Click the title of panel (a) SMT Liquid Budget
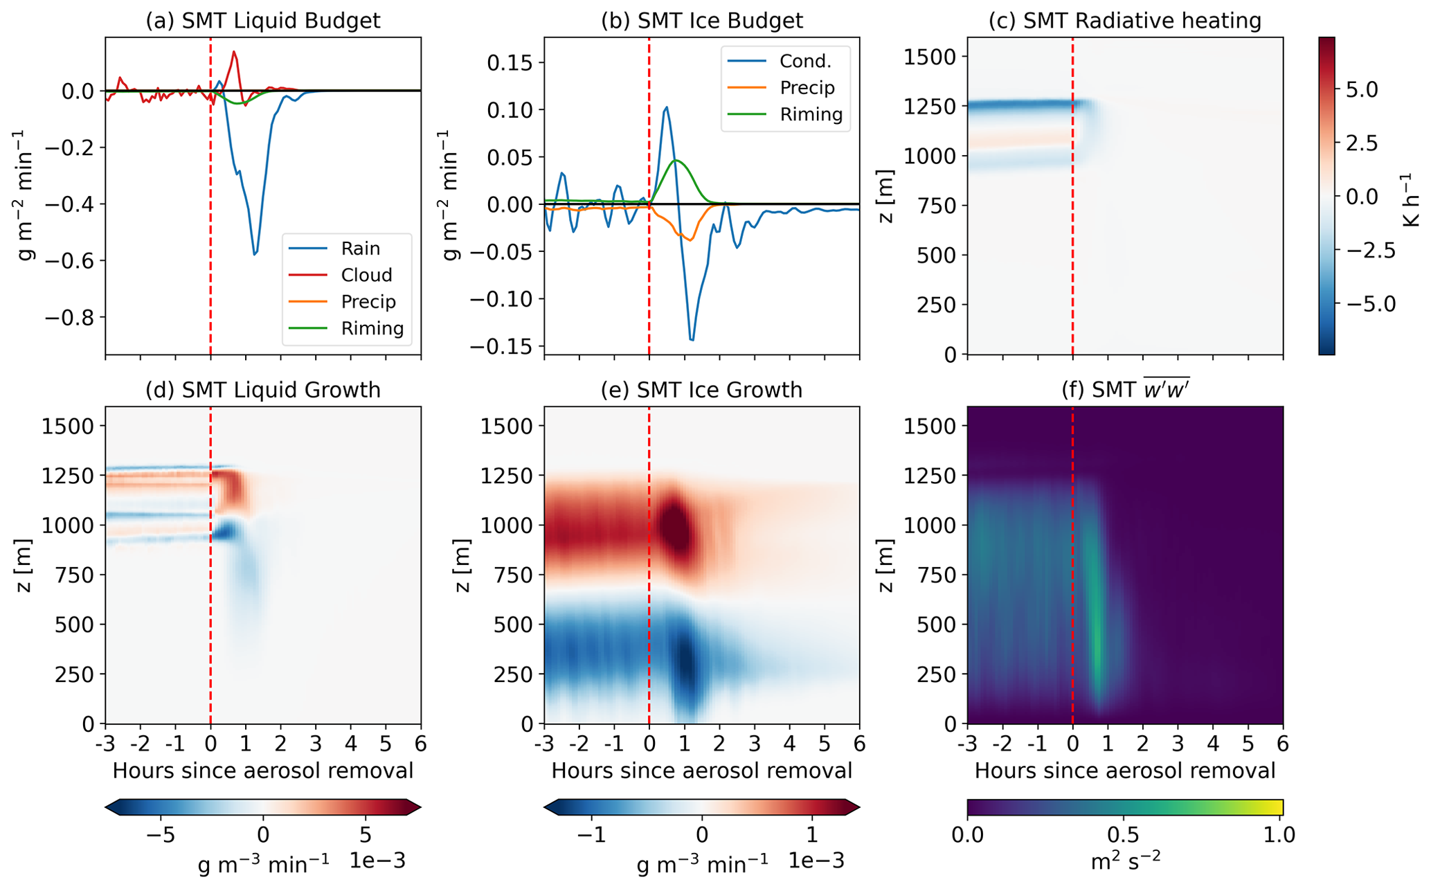[x=262, y=21]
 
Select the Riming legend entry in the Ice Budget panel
[x=811, y=114]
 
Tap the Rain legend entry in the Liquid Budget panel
[x=361, y=248]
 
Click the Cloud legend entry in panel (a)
[x=366, y=275]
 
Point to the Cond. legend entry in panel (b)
[x=805, y=61]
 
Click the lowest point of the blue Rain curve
[x=255, y=255]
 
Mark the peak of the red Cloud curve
[x=234, y=51]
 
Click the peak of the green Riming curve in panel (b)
[x=676, y=161]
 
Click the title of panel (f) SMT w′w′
[x=1125, y=390]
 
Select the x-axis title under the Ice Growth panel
[x=701, y=771]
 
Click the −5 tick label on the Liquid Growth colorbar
[x=160, y=834]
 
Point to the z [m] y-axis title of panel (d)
[x=25, y=565]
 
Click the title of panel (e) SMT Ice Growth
[x=701, y=390]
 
